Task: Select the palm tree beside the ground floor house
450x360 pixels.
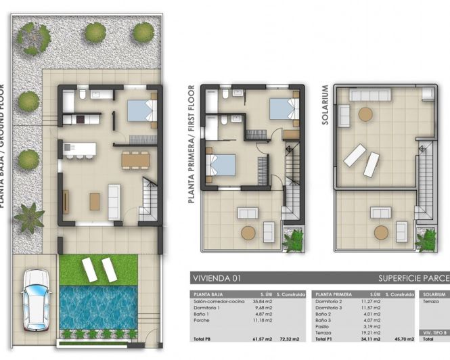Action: click(x=29, y=217)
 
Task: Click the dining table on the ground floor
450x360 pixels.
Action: click(x=135, y=160)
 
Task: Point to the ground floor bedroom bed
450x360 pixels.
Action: click(x=142, y=110)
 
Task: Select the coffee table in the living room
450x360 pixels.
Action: click(x=94, y=200)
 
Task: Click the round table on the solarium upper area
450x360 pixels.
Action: click(x=365, y=114)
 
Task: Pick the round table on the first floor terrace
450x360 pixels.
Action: click(x=248, y=233)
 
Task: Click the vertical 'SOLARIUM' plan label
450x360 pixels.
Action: click(x=326, y=108)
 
